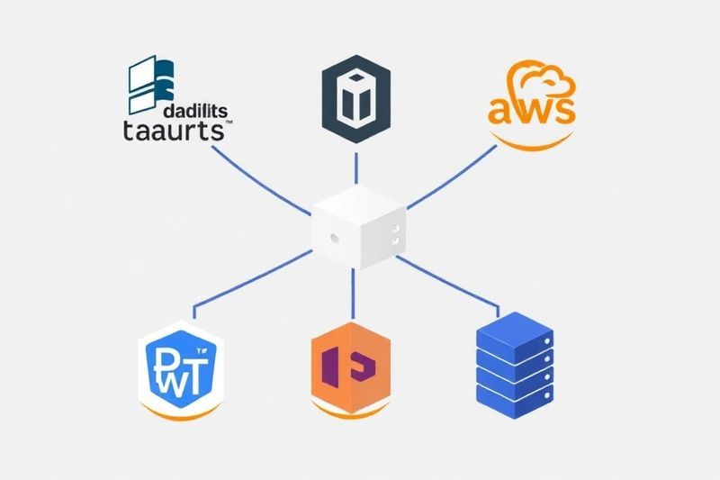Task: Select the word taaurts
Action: pyautogui.click(x=173, y=131)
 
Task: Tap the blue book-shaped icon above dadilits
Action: pyautogui.click(x=148, y=79)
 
